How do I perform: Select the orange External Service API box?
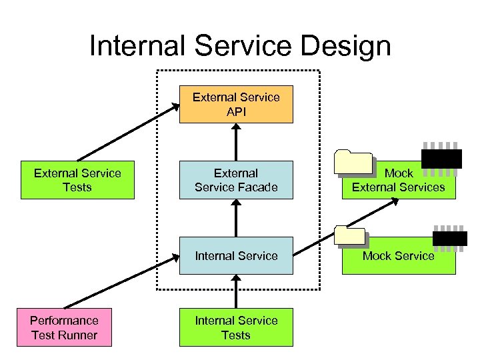[236, 104]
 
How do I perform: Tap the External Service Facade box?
[236, 180]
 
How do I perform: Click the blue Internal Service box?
[236, 255]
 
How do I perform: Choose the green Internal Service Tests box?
[236, 327]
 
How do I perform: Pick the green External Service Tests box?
[77, 180]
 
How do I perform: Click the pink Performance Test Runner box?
[65, 327]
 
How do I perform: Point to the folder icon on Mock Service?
[350, 237]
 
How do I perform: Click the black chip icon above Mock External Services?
[441, 157]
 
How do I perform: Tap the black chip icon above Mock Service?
[450, 237]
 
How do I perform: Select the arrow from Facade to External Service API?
[236, 142]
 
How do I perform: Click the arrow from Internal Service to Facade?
[236, 217]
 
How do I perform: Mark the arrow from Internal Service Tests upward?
[236, 291]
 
